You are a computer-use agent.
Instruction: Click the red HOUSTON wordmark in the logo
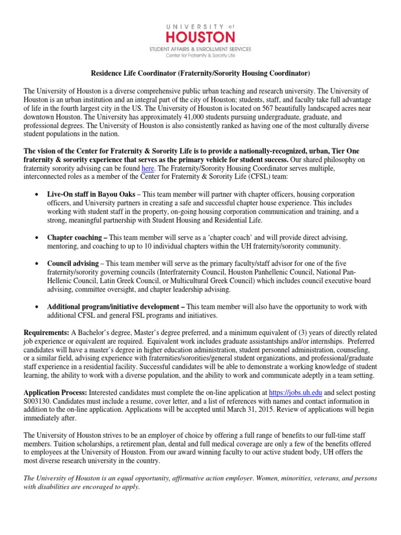(200, 37)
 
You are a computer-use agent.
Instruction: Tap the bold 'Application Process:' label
(56, 392)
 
